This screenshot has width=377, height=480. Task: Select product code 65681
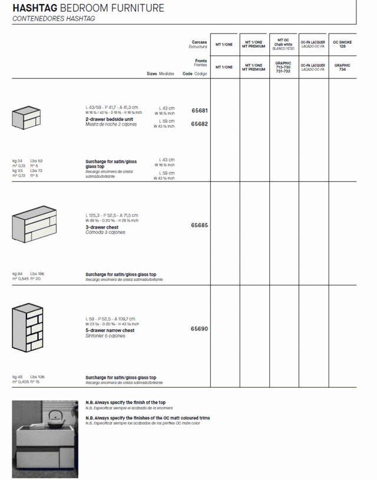click(199, 111)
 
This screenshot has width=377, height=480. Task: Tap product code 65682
click(199, 124)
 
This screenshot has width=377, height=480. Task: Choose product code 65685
click(199, 226)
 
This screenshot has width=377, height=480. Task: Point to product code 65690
click(199, 329)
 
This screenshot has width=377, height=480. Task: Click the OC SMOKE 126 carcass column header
click(342, 44)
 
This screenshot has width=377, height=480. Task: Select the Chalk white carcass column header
click(283, 44)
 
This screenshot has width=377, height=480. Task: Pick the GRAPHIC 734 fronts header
click(342, 67)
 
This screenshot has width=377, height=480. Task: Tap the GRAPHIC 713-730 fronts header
click(283, 67)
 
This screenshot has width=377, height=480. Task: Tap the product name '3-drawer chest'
click(102, 227)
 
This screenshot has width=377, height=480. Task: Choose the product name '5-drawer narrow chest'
click(110, 330)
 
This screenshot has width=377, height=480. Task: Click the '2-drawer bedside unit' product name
click(109, 119)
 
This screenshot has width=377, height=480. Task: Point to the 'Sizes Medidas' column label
click(160, 74)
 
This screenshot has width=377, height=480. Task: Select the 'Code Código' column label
click(195, 74)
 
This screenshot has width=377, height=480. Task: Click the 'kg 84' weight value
click(17, 274)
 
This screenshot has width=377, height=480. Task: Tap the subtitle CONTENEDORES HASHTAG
click(54, 19)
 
